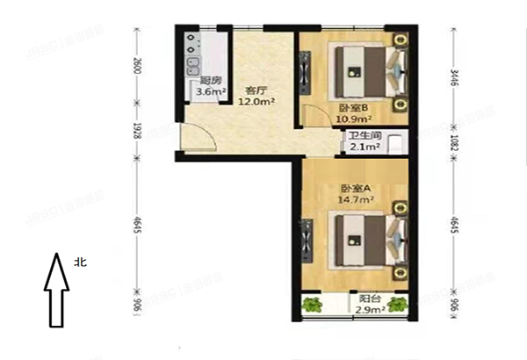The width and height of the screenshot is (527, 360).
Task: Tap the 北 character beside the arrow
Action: pyautogui.click(x=81, y=262)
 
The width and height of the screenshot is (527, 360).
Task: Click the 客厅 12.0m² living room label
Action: pyautogui.click(x=256, y=95)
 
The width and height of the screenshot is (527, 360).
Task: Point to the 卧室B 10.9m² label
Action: pyautogui.click(x=356, y=114)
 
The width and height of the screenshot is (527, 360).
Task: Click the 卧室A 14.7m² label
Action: pyautogui.click(x=358, y=194)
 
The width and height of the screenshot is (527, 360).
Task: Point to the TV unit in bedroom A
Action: pyautogui.click(x=307, y=238)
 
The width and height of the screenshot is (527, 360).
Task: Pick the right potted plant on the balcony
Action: pyautogui.click(x=400, y=305)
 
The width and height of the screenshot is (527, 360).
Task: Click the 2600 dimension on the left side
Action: pyautogui.click(x=137, y=67)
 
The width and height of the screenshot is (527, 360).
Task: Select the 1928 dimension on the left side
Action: pyautogui.click(x=137, y=130)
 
